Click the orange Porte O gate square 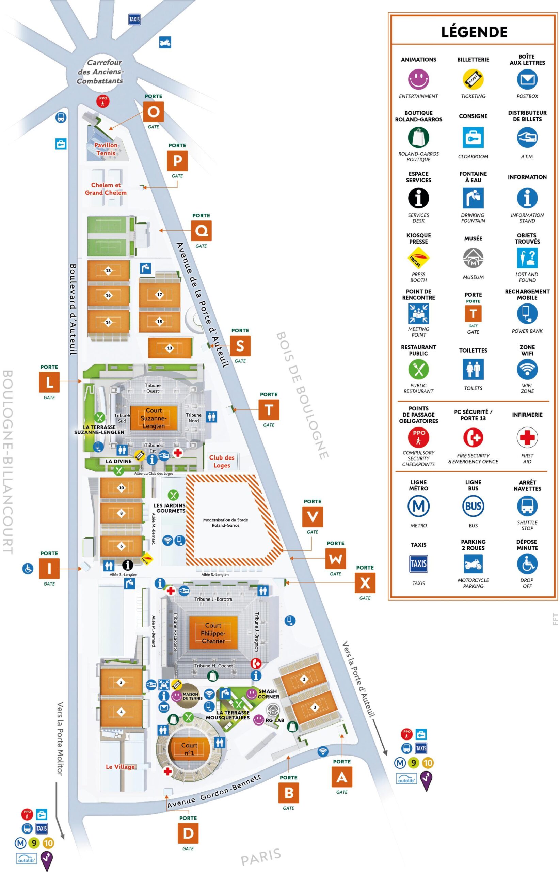pos(153,111)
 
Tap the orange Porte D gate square pos(188,833)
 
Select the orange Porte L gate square pos(49,382)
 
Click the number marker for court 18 pos(108,270)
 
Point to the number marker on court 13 pos(170,348)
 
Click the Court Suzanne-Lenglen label pos(154,418)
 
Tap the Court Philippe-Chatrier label pos(213,633)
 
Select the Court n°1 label pos(189,749)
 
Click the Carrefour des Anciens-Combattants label pos(100,72)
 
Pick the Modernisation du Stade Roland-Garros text pos(225,523)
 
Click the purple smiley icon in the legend pos(418,79)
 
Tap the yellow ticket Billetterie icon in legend pos(473,79)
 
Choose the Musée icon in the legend pos(473,258)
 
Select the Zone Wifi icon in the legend pos(527,369)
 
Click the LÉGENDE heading pos(474,32)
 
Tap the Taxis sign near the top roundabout pos(134,19)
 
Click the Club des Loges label pos(222,461)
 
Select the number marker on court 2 pos(304,679)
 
